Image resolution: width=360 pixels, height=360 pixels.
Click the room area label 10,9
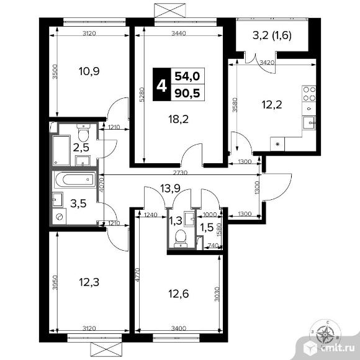click(89, 71)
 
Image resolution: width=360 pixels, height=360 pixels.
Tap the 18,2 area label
click(178, 119)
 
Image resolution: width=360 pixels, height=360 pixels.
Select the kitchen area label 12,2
click(272, 105)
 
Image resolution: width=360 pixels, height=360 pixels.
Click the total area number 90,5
click(187, 93)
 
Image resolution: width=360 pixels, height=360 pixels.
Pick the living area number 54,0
click(187, 76)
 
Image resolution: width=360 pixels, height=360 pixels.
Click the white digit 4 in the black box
click(161, 86)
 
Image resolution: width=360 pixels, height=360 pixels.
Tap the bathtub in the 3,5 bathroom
click(75, 179)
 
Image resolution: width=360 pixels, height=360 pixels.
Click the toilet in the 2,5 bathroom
click(83, 133)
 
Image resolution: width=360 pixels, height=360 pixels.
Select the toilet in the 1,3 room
click(181, 238)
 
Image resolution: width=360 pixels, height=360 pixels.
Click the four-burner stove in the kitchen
click(309, 94)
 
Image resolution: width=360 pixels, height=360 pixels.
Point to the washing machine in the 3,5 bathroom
click(59, 216)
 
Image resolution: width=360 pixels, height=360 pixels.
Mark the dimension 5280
click(142, 94)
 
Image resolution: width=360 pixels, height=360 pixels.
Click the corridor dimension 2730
click(180, 173)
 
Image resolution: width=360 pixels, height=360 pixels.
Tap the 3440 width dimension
click(179, 34)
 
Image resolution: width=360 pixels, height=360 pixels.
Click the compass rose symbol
click(325, 334)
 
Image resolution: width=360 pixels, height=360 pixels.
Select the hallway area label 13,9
click(170, 189)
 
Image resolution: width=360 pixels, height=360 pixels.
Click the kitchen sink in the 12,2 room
click(309, 123)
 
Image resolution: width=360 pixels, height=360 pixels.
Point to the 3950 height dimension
click(55, 282)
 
